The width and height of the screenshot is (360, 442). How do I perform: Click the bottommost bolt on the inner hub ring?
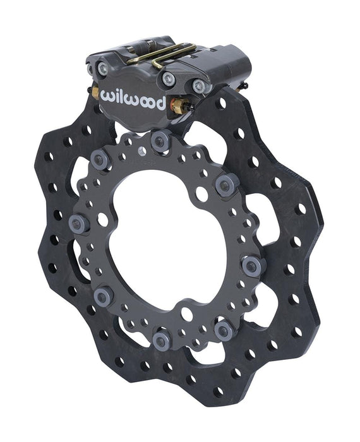tap(160, 342)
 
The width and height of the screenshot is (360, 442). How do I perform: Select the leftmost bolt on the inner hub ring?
tap(78, 222)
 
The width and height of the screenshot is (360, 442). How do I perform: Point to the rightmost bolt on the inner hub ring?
tap(251, 266)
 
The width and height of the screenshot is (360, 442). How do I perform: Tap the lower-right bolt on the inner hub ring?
tap(222, 328)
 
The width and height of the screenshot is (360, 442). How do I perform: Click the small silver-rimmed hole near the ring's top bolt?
tap(142, 150)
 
